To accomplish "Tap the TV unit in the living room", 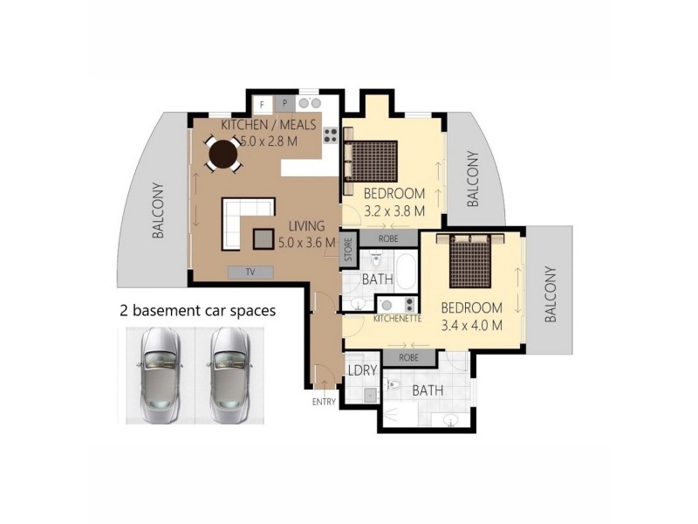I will (250, 272).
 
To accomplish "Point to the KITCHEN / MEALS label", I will (268, 125).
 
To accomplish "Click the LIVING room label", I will (298, 227).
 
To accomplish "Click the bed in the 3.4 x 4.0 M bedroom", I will (472, 261).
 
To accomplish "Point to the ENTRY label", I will (323, 402).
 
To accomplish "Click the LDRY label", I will (362, 370).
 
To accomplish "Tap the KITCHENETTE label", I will (397, 320).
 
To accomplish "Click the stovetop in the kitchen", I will (331, 134).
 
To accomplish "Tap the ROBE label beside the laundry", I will (407, 357).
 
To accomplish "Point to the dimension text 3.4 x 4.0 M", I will (471, 325).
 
